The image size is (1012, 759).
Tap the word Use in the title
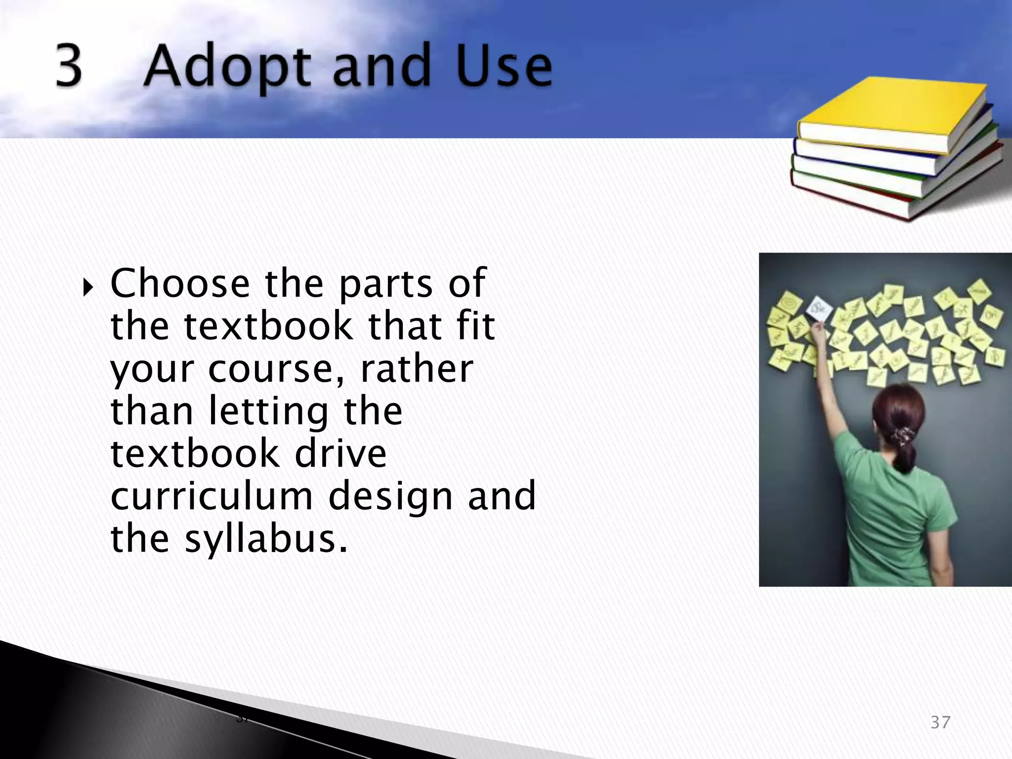(x=504, y=67)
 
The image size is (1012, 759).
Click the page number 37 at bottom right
(x=940, y=722)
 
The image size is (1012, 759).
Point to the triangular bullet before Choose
(x=88, y=287)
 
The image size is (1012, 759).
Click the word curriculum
(x=211, y=496)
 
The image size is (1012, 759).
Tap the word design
(x=390, y=497)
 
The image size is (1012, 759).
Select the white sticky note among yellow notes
(x=819, y=310)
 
